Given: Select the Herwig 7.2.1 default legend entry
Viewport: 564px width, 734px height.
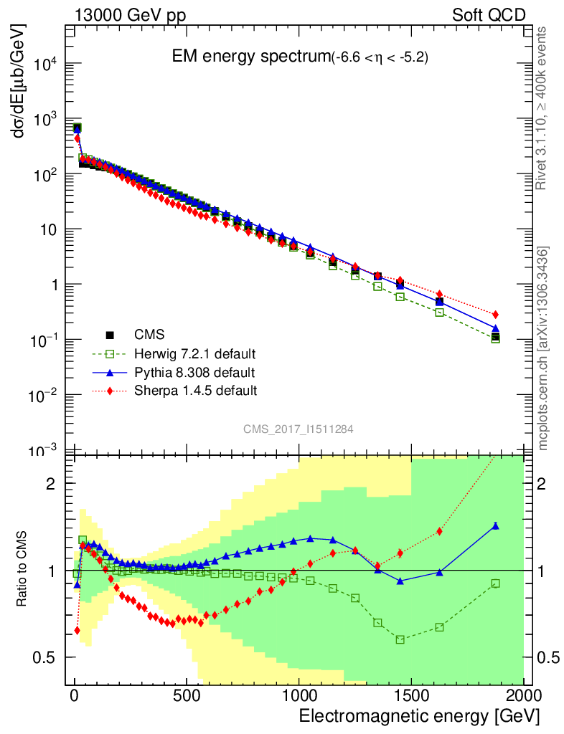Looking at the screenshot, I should (x=194, y=353).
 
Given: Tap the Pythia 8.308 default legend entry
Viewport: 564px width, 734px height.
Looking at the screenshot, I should (x=194, y=372).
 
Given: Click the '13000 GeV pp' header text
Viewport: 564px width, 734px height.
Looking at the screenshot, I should (x=129, y=15).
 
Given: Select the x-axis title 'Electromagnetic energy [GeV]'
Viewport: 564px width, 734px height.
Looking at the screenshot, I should (x=418, y=716).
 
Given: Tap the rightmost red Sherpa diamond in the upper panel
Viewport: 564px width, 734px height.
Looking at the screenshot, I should (x=495, y=315).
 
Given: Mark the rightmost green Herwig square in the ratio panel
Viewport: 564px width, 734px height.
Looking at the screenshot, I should (x=495, y=583).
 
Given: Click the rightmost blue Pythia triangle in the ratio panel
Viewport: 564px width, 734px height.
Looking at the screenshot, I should (x=495, y=526).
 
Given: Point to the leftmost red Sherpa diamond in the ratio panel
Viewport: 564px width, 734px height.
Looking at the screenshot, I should (x=77, y=631).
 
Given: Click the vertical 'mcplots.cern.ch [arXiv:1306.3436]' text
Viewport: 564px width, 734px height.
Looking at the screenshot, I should (x=544, y=348).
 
